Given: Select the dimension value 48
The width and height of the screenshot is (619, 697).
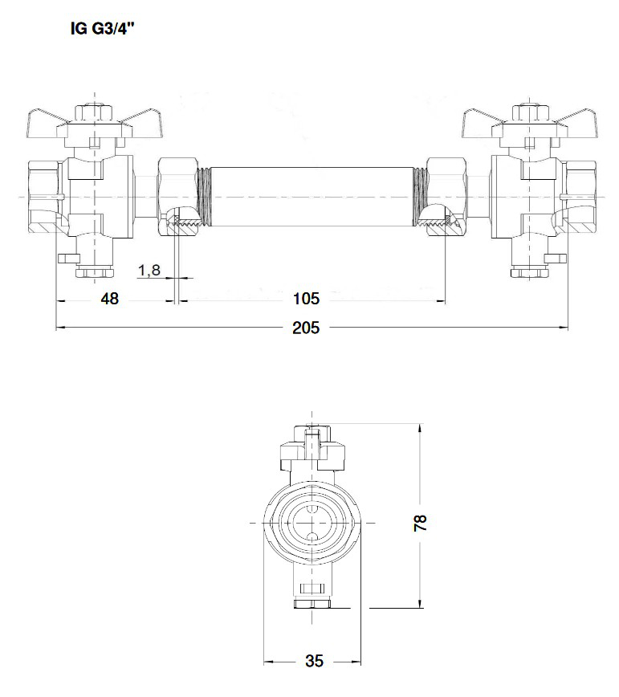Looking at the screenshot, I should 109,300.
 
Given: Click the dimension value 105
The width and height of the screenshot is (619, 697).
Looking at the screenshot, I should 307,300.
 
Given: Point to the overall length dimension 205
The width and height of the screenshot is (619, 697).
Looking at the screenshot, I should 306,327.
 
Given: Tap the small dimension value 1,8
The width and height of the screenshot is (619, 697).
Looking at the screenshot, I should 150,271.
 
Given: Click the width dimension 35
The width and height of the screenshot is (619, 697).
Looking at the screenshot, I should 314,661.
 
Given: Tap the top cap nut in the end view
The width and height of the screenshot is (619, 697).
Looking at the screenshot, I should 312,434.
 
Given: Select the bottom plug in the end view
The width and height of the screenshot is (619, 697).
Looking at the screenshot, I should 312,603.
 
